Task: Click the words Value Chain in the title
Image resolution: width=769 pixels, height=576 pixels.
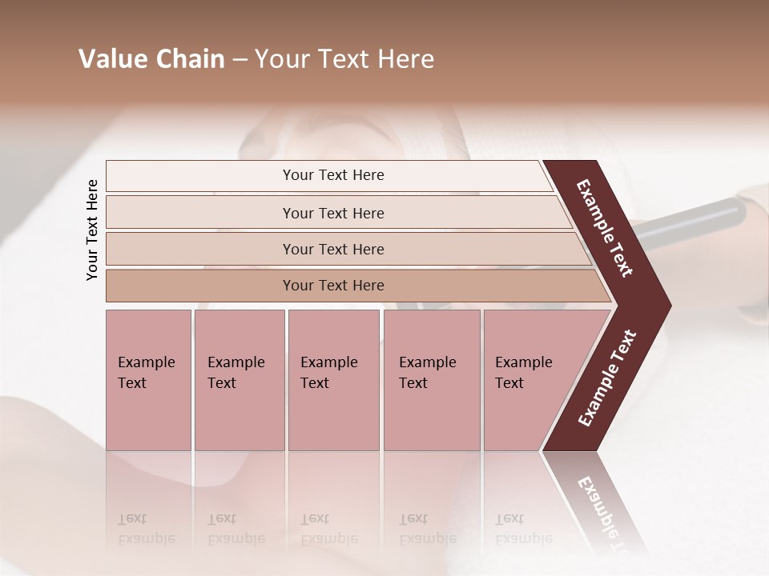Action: coord(151,59)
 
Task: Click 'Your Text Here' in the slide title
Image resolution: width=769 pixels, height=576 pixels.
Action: coord(344,59)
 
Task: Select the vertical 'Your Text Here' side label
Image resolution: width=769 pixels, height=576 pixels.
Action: coord(92,230)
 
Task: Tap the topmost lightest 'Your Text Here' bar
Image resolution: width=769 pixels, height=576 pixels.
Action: coord(333,175)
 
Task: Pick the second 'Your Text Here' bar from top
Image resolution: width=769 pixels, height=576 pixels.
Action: coord(333,213)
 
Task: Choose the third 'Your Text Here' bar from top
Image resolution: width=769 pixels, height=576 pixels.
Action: coord(333,249)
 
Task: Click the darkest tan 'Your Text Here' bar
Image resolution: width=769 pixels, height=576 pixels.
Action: coord(333,286)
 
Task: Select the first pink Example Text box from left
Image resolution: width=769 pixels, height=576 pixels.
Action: coord(148,379)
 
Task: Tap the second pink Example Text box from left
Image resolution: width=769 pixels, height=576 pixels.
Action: coord(239,379)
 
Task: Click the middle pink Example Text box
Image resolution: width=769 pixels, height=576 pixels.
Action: coord(333,379)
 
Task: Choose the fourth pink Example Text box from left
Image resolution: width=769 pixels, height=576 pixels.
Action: coord(431,379)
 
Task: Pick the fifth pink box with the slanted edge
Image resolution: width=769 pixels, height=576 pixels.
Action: coord(529,379)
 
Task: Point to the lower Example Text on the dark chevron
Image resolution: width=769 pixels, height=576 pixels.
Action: coord(607,378)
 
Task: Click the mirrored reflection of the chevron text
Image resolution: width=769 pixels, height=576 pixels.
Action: coord(605,512)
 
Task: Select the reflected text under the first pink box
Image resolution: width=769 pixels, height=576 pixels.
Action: coord(147,529)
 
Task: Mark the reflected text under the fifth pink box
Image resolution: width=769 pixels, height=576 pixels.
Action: coord(524,529)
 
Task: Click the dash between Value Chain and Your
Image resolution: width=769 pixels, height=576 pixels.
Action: coord(240,60)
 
